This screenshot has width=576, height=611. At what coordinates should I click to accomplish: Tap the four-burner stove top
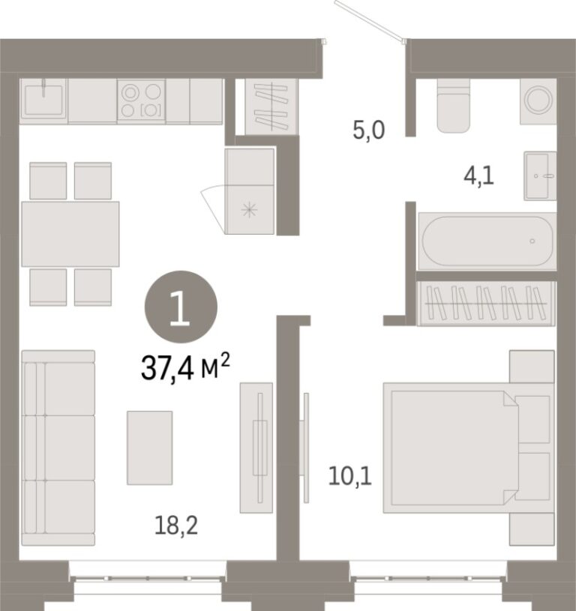coord(141,101)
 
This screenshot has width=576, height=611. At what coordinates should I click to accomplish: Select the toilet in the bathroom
coord(453,106)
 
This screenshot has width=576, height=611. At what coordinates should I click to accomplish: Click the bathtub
coord(487,241)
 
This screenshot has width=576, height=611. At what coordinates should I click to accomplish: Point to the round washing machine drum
coord(538,99)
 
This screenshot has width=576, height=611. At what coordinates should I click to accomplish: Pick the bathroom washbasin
coord(540,175)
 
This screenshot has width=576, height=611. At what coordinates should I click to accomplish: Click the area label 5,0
coord(369,130)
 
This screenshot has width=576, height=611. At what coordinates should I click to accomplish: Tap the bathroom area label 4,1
coord(478,176)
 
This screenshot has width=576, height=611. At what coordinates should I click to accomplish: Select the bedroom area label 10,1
coord(350,476)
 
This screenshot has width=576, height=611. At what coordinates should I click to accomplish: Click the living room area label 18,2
coord(176,526)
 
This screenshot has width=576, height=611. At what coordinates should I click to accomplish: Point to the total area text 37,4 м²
coord(185,368)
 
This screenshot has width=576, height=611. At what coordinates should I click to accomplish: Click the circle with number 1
coord(181,307)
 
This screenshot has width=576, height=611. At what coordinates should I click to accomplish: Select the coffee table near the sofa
coord(150,448)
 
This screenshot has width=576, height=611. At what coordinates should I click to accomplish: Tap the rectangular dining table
coord(70,234)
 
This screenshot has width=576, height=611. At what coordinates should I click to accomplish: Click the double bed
coord(469,448)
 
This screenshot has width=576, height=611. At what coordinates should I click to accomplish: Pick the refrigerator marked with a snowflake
coord(250,191)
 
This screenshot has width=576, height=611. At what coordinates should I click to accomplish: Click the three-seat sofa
coord(58,448)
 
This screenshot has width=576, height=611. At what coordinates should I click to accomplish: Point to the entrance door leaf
coord(370,20)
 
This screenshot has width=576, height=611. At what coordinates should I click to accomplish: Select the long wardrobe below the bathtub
coord(486,303)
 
